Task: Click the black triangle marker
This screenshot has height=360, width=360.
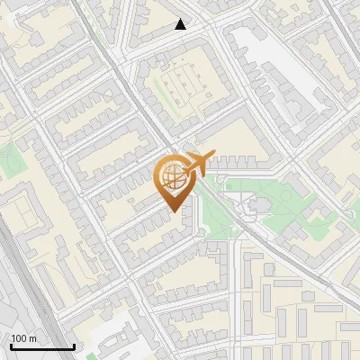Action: [x=181, y=24]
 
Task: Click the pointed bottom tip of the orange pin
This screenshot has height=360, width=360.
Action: [x=174, y=211]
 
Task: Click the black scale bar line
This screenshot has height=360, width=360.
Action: [x=42, y=346]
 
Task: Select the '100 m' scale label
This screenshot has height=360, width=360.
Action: [x=24, y=338]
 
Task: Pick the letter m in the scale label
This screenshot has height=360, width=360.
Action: [x=33, y=338]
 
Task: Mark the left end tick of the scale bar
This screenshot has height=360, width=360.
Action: [x=11, y=345]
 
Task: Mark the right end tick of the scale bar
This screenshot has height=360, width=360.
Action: [x=74, y=345]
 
